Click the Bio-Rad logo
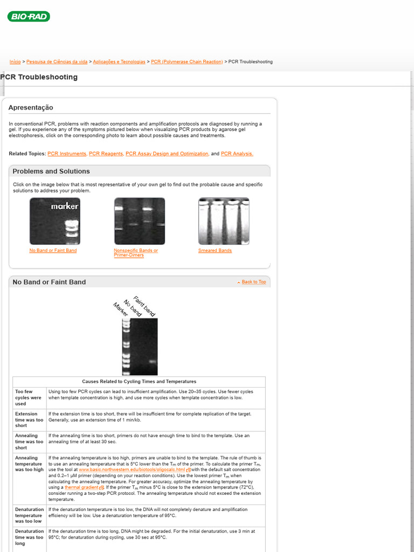29,17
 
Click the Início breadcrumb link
15,62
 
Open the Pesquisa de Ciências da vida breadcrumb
57,62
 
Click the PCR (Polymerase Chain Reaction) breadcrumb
187,62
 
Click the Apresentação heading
31,108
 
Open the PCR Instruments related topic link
67,154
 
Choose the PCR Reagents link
106,154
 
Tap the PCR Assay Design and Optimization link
167,154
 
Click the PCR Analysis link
237,154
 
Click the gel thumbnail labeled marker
55,221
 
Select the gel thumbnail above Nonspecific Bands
140,221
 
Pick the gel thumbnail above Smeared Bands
224,221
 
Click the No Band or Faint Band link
53,251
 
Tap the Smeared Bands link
215,251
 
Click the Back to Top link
253,282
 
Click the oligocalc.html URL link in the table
132,470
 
